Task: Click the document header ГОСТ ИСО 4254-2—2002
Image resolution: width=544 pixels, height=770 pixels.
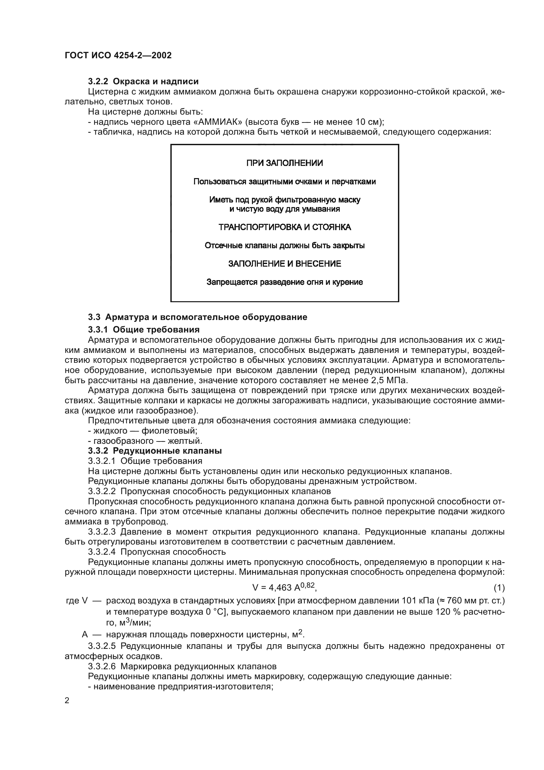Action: (x=118, y=55)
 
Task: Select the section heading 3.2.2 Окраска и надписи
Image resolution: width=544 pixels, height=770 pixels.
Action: (x=143, y=82)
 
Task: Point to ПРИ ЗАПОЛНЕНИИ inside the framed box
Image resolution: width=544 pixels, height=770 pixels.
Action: (x=284, y=163)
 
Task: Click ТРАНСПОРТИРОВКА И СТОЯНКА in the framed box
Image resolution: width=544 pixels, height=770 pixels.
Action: (x=284, y=227)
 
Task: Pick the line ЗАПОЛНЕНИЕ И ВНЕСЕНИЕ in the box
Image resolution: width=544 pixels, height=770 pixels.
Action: (x=284, y=264)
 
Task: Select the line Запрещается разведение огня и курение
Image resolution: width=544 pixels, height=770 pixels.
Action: (x=284, y=282)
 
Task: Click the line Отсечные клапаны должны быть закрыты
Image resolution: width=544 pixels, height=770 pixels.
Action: (x=284, y=246)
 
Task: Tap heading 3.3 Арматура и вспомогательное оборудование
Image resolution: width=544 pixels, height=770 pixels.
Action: (x=197, y=317)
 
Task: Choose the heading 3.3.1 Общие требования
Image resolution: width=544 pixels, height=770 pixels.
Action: (x=144, y=329)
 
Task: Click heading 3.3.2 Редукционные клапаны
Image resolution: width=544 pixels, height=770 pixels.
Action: (x=155, y=451)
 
